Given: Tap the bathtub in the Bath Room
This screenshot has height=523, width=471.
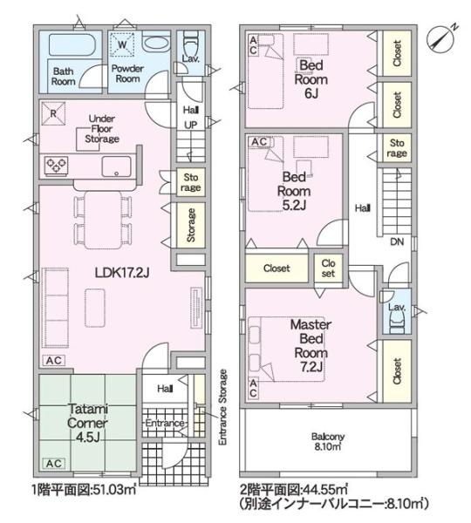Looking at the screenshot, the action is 72,44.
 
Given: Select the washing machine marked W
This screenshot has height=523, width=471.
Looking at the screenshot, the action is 122,44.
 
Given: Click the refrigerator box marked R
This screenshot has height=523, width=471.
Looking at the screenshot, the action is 53,113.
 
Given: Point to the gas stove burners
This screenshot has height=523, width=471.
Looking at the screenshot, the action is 57,166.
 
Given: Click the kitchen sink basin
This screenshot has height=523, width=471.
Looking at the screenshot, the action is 116,166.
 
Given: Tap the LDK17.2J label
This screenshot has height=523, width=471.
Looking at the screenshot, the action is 122,273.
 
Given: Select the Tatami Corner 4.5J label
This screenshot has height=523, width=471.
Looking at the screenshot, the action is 87,423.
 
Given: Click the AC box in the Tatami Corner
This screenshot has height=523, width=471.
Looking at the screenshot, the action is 54,464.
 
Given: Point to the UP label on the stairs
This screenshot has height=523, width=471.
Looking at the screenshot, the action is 191,125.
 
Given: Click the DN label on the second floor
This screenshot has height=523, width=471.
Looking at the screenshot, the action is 397,241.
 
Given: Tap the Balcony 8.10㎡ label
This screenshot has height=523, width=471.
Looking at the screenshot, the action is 328,442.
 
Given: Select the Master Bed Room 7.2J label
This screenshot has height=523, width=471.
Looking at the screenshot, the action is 311,345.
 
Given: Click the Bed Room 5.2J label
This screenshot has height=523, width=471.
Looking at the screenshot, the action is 294,191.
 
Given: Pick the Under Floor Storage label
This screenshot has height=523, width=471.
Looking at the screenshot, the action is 102,129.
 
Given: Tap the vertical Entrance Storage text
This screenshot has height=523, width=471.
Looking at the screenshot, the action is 223,407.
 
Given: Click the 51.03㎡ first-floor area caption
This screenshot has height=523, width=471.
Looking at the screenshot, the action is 113,490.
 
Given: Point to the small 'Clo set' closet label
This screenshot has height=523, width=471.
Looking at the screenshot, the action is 328,268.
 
